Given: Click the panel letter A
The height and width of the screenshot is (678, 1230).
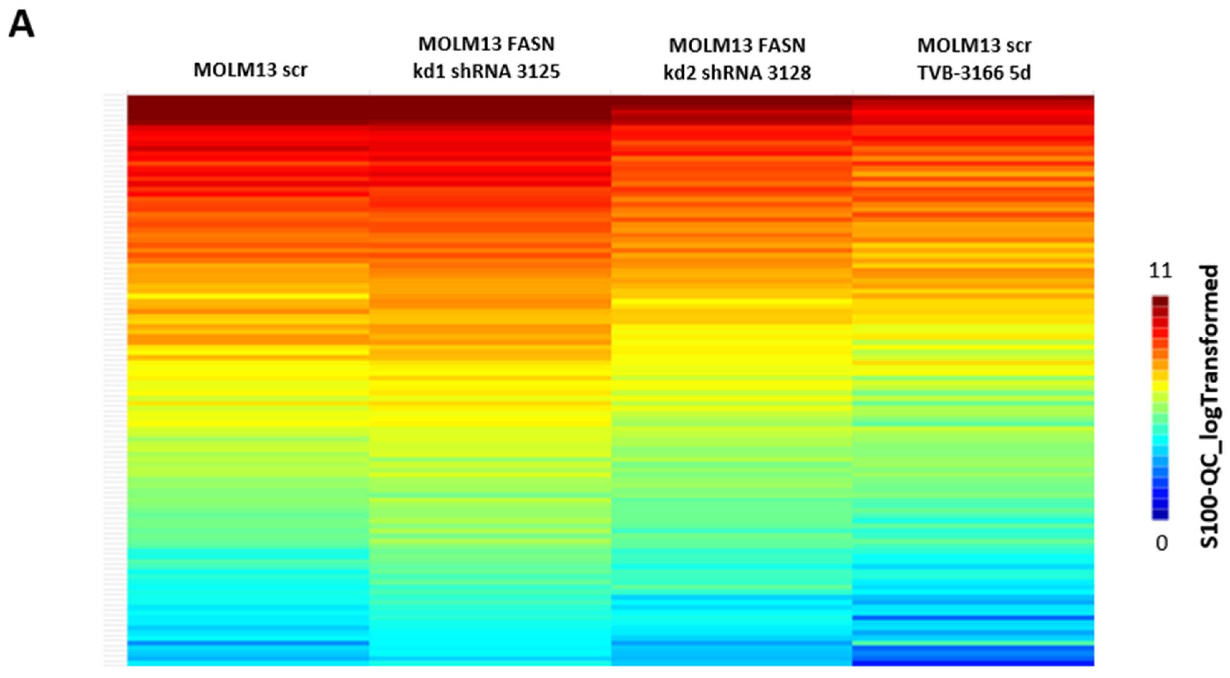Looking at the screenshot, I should tap(21, 25).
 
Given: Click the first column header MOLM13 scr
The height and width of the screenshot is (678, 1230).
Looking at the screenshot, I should tap(250, 70).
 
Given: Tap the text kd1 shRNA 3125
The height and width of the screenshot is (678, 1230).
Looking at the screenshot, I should tap(486, 72).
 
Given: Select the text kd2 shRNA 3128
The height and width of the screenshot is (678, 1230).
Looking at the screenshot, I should tap(737, 73).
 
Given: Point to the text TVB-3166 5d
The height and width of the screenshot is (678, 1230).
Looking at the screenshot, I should tap(974, 73).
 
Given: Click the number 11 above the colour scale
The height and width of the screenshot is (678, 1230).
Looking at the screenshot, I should tap(1160, 271).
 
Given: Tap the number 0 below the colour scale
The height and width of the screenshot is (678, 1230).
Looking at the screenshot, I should tap(1161, 543).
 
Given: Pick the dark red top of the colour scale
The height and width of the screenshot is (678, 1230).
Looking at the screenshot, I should tap(1160, 302).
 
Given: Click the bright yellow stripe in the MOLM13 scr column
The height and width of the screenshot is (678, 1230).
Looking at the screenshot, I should tap(248, 296).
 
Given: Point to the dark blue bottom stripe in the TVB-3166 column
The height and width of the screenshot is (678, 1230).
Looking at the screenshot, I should tap(973, 662).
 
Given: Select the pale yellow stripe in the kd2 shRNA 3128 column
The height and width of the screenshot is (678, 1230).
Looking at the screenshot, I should tap(731, 302).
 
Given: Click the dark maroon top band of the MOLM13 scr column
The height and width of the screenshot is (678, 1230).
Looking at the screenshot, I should tap(248, 110).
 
